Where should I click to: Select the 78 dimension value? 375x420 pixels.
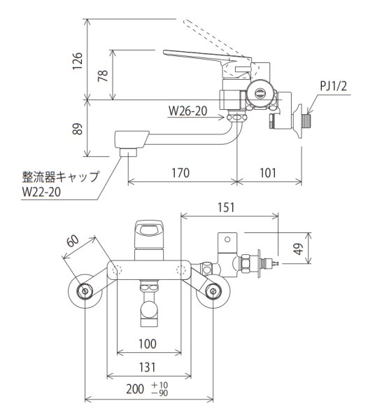pyautogui.click(x=104, y=76)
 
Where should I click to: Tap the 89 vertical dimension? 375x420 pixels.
pyautogui.click(x=78, y=129)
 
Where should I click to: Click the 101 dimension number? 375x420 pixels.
pyautogui.click(x=269, y=170)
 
